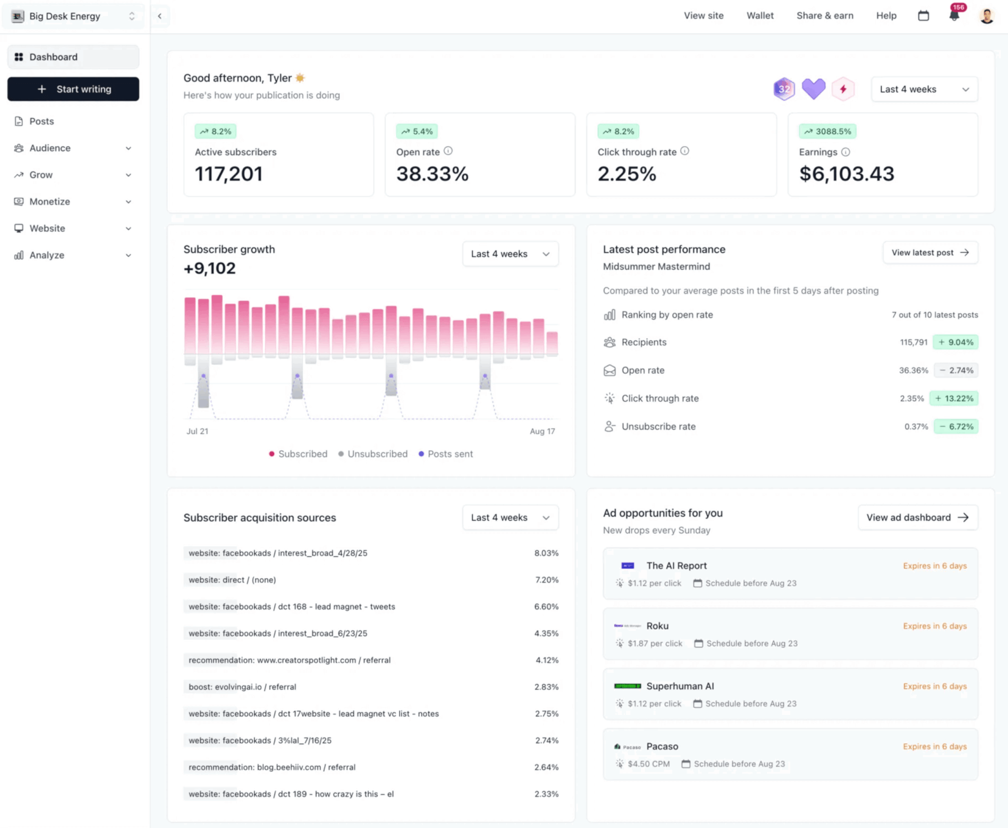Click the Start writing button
(x=73, y=89)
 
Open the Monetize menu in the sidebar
(x=50, y=202)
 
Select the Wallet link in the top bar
(x=760, y=16)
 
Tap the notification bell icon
(x=954, y=16)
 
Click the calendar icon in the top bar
(x=923, y=16)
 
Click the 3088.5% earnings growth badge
(x=828, y=131)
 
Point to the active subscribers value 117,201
(x=229, y=174)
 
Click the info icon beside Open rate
(x=448, y=151)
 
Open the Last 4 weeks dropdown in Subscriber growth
(x=510, y=254)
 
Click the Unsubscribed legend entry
(x=377, y=454)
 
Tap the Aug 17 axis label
(x=542, y=431)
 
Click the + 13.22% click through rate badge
(x=954, y=398)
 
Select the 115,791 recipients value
(x=913, y=342)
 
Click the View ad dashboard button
(x=917, y=517)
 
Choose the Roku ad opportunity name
(x=657, y=626)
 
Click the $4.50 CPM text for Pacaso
(x=648, y=764)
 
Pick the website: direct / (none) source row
(x=232, y=580)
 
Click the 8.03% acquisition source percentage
(x=546, y=553)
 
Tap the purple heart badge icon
(x=813, y=89)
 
